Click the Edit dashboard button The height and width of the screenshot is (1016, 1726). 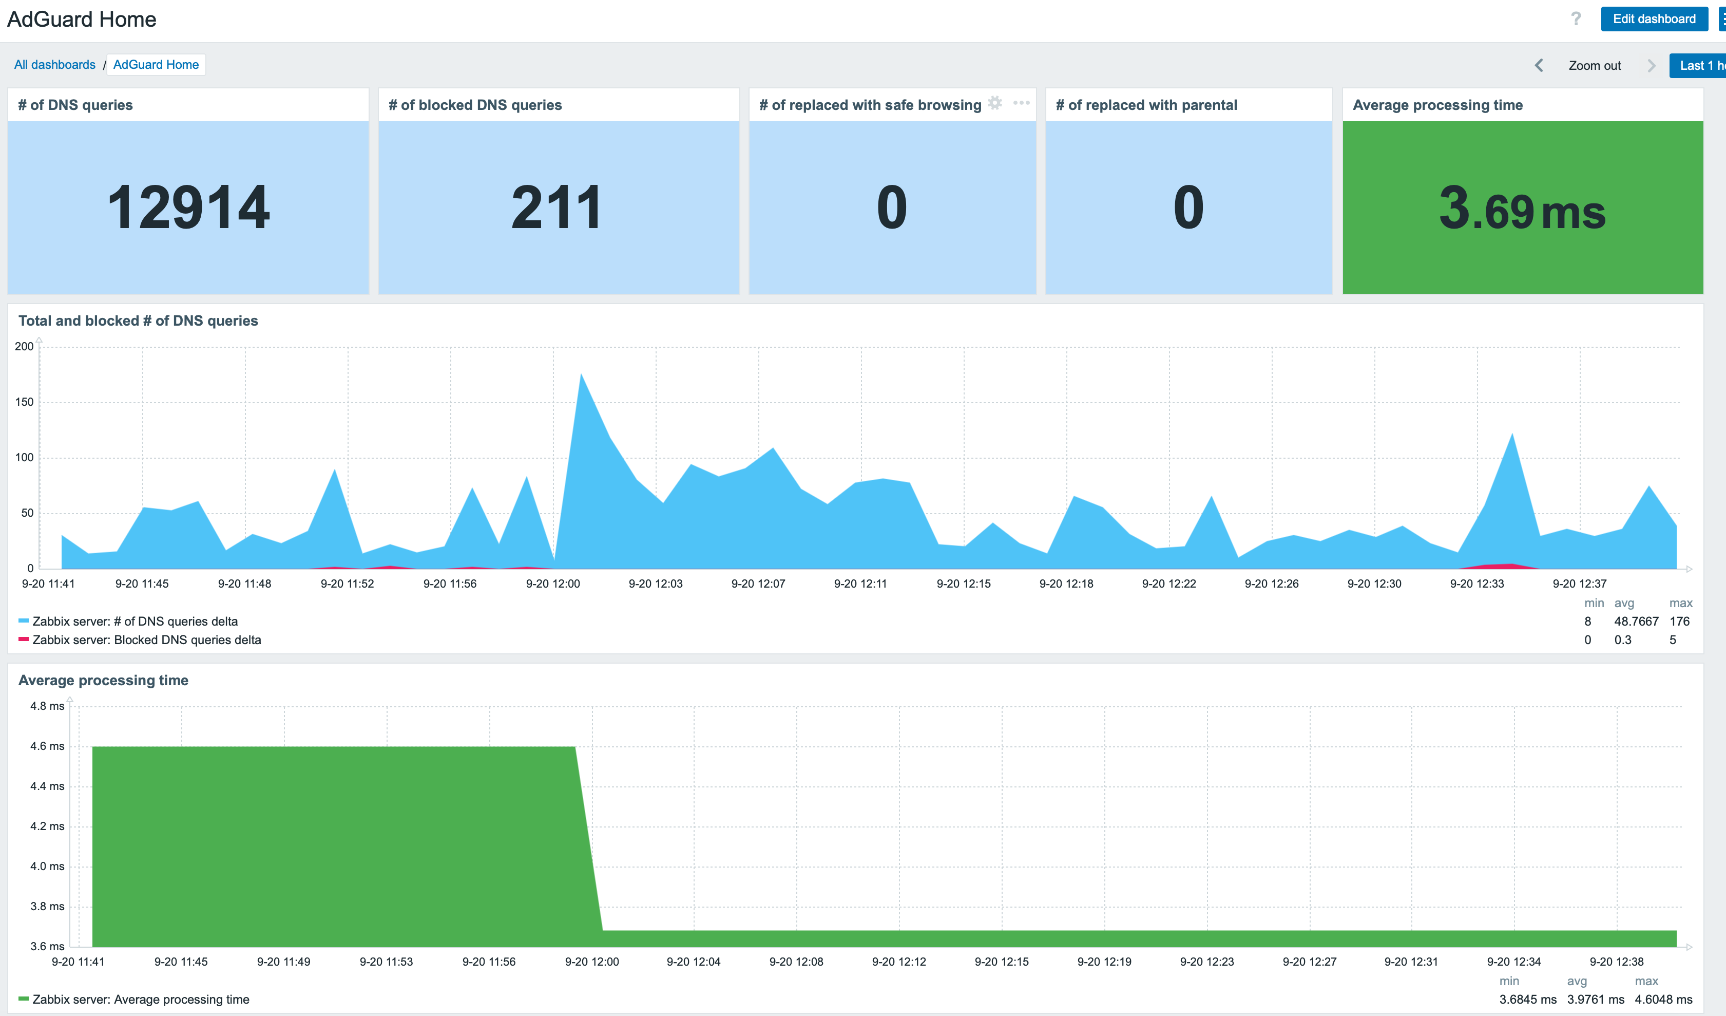click(x=1654, y=19)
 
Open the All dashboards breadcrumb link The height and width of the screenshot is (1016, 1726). click(x=55, y=64)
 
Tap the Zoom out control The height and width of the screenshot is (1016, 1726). click(x=1594, y=66)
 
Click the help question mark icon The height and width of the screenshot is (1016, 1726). click(x=1575, y=19)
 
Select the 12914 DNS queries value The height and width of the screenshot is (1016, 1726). click(x=188, y=207)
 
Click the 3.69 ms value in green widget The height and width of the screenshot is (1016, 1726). click(x=1522, y=209)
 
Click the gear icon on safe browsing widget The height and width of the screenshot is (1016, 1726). click(x=995, y=103)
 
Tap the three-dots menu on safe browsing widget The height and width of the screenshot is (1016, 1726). click(x=1021, y=103)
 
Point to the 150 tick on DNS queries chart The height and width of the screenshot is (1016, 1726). click(x=24, y=402)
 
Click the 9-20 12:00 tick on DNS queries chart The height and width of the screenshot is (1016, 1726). click(x=553, y=584)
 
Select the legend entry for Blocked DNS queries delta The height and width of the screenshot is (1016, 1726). click(x=147, y=640)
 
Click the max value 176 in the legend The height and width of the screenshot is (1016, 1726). click(x=1679, y=622)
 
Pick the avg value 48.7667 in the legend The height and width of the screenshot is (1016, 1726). click(x=1636, y=622)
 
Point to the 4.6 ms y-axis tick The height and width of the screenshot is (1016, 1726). click(x=47, y=746)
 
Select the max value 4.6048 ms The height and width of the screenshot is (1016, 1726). click(x=1663, y=1000)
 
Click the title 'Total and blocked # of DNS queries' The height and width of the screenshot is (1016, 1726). click(x=138, y=321)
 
